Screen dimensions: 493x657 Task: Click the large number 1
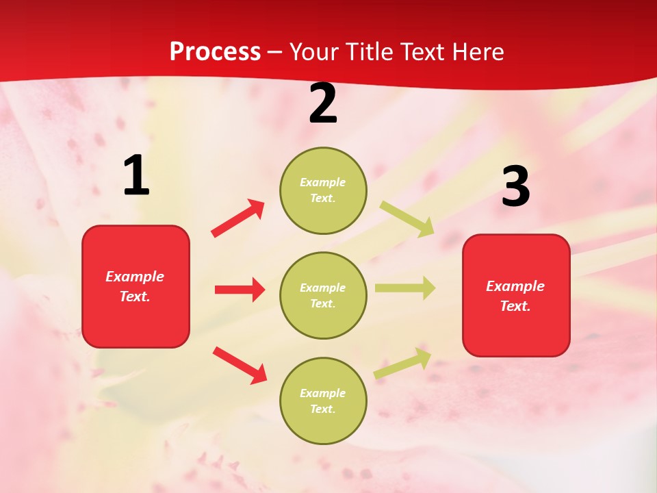click(x=136, y=176)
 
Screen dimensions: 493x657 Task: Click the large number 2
click(x=323, y=103)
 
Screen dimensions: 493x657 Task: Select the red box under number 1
click(x=136, y=286)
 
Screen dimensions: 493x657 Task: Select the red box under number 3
click(x=516, y=295)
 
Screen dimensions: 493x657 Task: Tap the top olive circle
click(x=323, y=190)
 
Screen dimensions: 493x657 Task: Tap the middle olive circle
click(x=323, y=295)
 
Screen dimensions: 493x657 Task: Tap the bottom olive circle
click(x=323, y=401)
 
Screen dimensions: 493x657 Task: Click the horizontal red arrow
click(x=240, y=290)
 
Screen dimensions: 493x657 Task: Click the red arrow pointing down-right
click(x=240, y=365)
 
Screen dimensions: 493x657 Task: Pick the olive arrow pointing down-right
click(x=407, y=218)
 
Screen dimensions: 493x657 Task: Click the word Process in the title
click(x=215, y=51)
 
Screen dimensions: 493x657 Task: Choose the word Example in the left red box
click(x=135, y=277)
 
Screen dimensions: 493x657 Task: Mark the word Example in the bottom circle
click(x=322, y=393)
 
